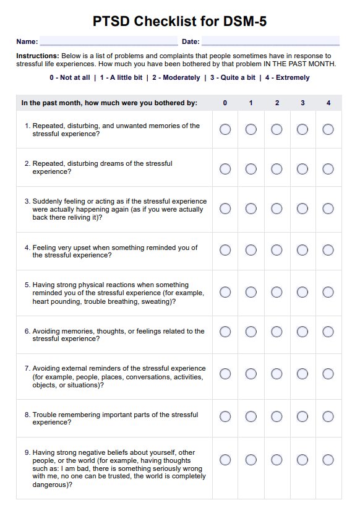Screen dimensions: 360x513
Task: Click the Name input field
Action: [108, 41]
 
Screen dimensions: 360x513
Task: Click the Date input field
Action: [270, 41]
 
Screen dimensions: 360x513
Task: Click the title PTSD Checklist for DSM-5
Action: [180, 22]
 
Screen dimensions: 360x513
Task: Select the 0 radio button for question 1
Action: [225, 129]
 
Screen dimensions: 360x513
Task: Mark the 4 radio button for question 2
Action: [328, 168]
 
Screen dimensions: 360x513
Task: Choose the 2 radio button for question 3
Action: [276, 209]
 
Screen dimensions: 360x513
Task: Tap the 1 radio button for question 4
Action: [251, 250]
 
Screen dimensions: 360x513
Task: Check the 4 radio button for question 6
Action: [328, 332]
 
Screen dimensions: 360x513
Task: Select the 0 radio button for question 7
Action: [225, 374]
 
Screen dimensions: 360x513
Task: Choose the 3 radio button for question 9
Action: [302, 460]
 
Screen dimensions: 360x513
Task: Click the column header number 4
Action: [328, 103]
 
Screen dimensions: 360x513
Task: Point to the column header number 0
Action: [225, 103]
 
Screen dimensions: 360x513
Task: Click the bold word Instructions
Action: [37, 56]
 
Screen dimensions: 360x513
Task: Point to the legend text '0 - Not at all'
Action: [70, 78]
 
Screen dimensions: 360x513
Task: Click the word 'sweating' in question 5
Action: [158, 301]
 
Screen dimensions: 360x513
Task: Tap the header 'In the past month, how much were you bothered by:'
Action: [109, 103]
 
